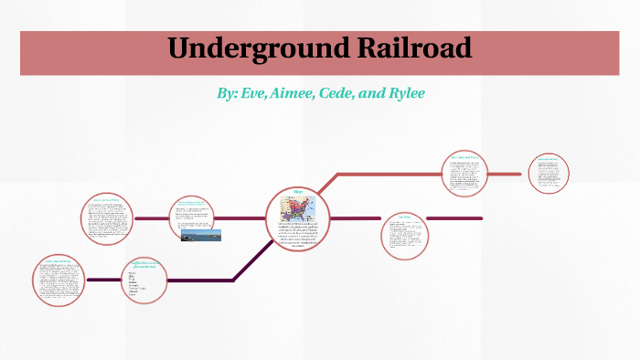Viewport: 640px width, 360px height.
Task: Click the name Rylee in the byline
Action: point(401,94)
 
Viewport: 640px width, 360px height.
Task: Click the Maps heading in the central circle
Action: point(298,192)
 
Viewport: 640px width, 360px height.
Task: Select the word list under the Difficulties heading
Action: point(137,284)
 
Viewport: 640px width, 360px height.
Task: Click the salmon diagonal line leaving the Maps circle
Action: point(325,184)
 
